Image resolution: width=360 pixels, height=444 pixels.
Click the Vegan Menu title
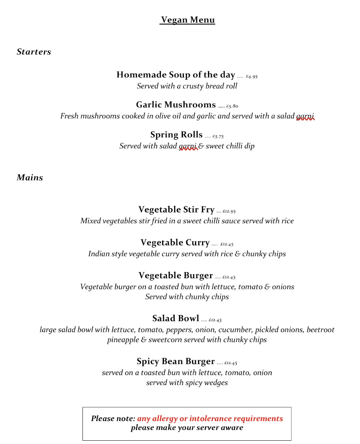coord(188,20)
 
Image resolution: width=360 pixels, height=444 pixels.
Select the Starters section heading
coord(34,52)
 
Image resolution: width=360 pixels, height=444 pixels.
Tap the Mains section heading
coord(30,178)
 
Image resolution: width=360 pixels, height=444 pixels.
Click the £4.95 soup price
coord(252,77)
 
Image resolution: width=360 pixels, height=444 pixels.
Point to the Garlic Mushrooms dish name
coord(176,105)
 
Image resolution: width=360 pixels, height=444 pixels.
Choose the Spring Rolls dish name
coord(176,135)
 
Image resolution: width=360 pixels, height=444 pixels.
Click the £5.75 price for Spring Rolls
coord(218,137)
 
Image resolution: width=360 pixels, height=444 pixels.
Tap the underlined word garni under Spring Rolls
coord(188,147)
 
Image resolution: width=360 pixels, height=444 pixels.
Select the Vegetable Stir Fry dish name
coord(176,210)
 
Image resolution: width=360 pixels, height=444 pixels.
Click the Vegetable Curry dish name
coord(175,243)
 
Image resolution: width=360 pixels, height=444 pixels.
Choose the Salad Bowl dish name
coord(176,318)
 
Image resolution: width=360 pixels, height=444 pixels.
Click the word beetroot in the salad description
coord(320,330)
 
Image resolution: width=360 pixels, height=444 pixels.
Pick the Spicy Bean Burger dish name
coord(176,361)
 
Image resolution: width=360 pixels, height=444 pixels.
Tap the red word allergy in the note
coord(165,419)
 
